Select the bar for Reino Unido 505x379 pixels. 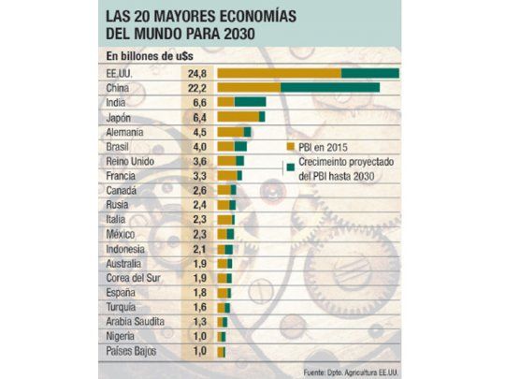coord(230,161)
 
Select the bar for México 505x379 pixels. coord(226,234)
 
